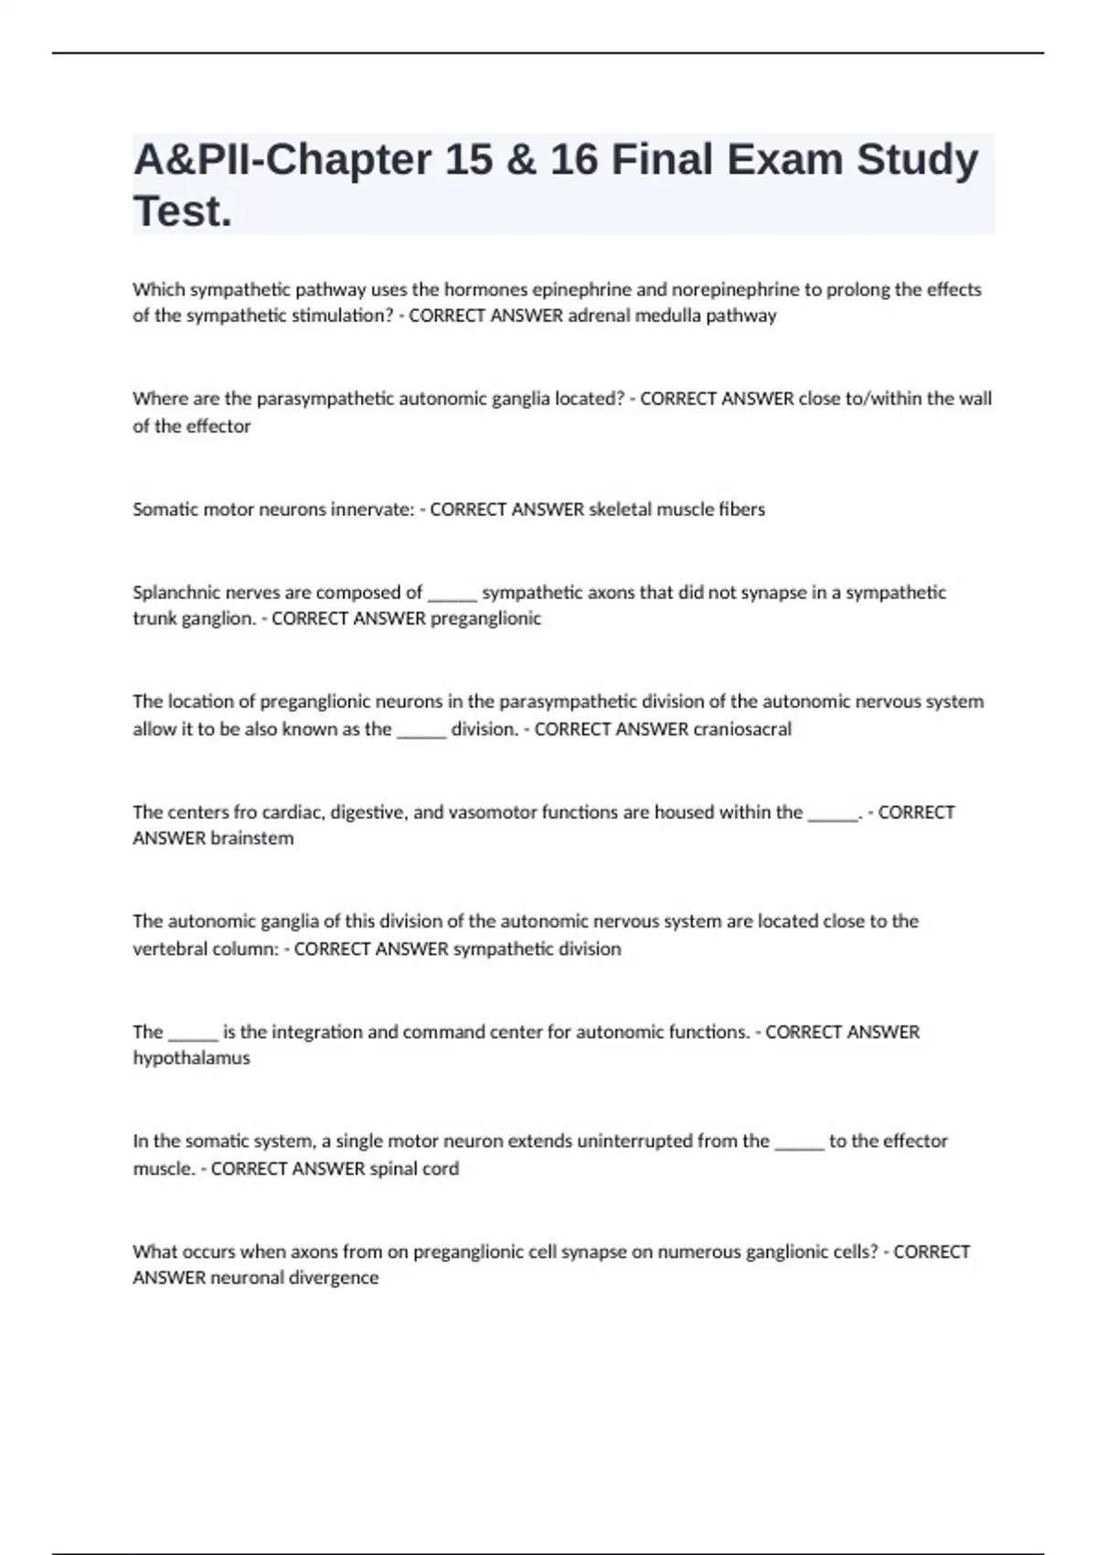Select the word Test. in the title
[x=183, y=211]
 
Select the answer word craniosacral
[x=742, y=729]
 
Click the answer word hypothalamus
[x=191, y=1058]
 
